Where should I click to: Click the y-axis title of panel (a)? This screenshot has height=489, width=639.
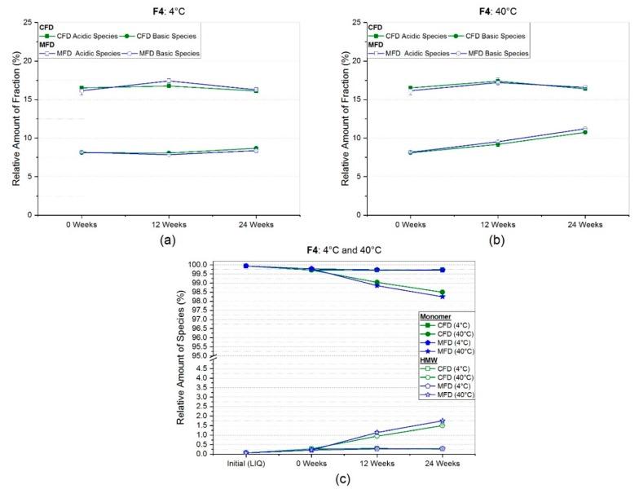tap(15, 117)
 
